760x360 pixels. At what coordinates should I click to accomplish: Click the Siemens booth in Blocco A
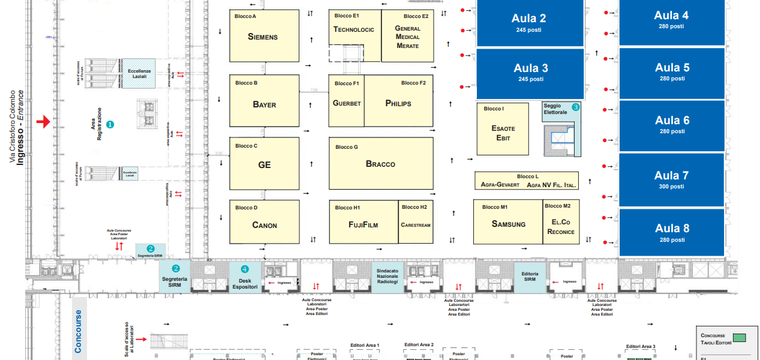(264, 36)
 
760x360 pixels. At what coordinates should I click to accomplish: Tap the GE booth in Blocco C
(264, 164)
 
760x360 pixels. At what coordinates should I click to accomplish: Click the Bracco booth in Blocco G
(381, 164)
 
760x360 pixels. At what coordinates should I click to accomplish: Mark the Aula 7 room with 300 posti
(671, 179)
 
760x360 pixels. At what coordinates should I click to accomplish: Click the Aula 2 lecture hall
(529, 22)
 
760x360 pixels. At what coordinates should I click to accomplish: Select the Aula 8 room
(671, 232)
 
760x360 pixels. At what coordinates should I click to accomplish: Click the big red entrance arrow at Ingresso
(43, 122)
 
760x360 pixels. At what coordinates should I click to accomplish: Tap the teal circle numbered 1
(110, 124)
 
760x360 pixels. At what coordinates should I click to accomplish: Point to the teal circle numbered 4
(245, 269)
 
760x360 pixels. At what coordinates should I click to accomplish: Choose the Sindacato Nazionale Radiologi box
(387, 277)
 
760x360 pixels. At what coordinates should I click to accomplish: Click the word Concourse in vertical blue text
(78, 331)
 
